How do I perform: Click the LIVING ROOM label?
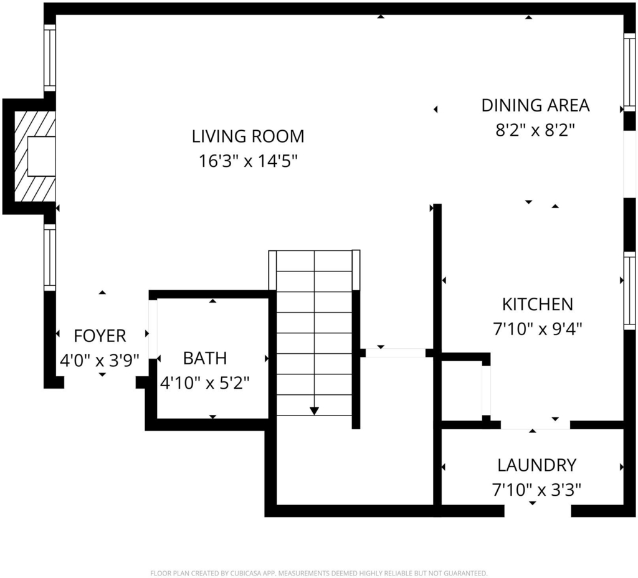tap(248, 136)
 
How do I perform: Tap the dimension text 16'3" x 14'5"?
tap(248, 161)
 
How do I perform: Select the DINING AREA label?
tap(535, 105)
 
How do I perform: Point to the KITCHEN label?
tap(538, 304)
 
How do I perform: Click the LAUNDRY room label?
tap(536, 465)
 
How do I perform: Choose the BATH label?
tap(204, 358)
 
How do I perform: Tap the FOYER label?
tap(100, 336)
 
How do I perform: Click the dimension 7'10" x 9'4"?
tap(538, 329)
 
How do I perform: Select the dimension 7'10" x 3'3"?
tap(536, 490)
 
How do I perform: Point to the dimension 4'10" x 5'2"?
tap(204, 383)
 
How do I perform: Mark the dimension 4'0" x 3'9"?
tap(100, 361)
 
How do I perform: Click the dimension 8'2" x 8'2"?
tap(535, 130)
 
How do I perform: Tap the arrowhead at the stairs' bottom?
tap(314, 411)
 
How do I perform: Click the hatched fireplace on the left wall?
tap(35, 156)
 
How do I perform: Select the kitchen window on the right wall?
tap(629, 290)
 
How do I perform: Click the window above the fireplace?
tap(50, 58)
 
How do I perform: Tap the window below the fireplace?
tap(50, 257)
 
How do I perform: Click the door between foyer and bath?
tap(153, 329)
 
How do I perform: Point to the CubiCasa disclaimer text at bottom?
tap(318, 574)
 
